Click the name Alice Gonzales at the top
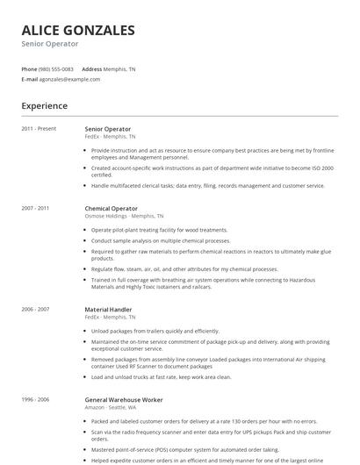[78, 30]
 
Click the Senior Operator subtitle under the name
[50, 44]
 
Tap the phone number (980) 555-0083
[57, 68]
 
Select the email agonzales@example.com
[69, 79]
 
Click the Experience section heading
[45, 106]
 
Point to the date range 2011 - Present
[39, 129]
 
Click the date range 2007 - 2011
[35, 209]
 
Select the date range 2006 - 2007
[35, 309]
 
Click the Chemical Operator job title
[111, 209]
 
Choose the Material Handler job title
[109, 309]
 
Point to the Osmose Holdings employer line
[124, 216]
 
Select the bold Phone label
[29, 68]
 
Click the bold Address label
[91, 68]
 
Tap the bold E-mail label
[30, 79]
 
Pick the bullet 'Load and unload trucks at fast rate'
[161, 376]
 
